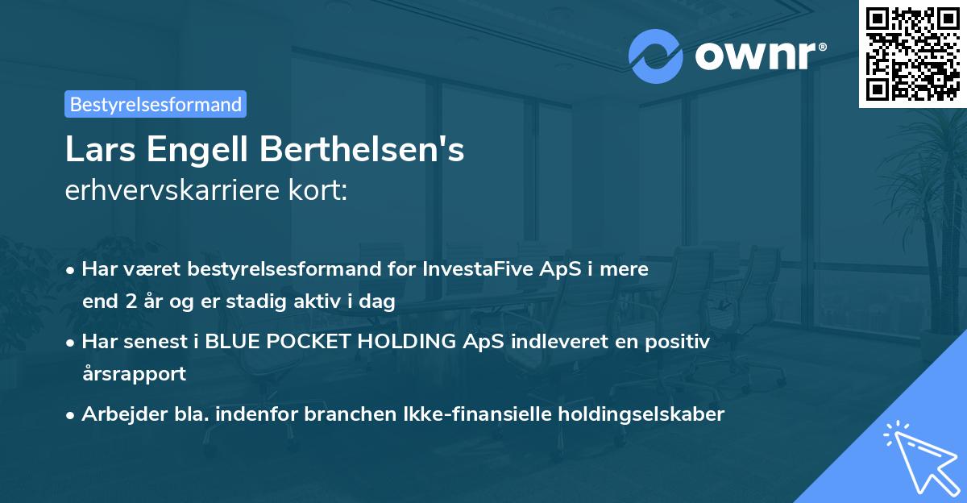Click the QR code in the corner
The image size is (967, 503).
pos(912,54)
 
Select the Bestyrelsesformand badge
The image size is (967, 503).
pos(156,104)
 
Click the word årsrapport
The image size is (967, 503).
pos(134,373)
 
